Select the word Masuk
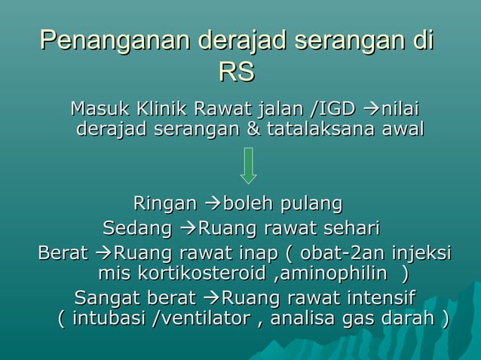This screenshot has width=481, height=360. [97, 108]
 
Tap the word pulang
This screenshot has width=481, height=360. [312, 203]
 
